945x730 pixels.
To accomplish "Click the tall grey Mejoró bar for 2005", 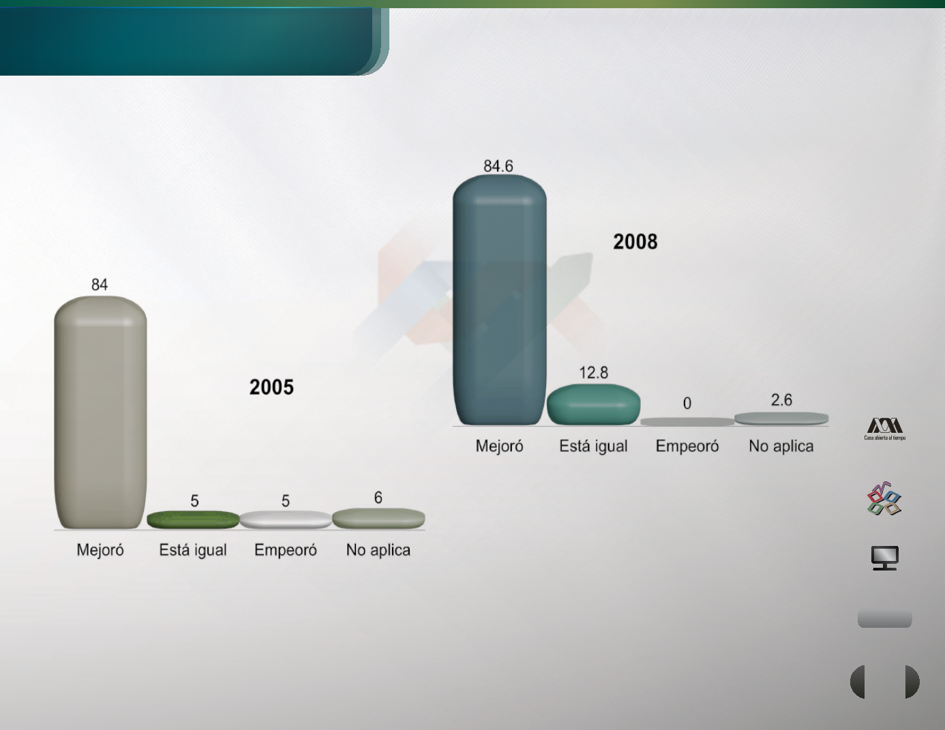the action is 100,412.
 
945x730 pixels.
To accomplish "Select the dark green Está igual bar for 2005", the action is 193,519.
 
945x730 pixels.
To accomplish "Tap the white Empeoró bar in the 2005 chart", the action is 285,519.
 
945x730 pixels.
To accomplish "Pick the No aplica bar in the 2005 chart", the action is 378,518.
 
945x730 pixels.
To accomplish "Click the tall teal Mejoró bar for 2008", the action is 500,299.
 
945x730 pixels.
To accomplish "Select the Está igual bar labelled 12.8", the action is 593,404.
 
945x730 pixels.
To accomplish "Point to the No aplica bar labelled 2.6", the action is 781,419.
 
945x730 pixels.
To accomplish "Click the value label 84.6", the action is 498,166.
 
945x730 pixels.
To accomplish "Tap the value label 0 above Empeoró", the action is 687,404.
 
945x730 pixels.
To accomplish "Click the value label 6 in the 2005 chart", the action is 378,498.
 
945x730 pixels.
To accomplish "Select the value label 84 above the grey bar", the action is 100,285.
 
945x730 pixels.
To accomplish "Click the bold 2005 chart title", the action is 271,387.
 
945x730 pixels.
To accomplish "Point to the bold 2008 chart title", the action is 635,242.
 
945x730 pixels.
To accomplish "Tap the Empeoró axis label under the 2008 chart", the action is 687,446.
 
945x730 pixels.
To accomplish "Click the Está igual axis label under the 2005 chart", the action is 193,551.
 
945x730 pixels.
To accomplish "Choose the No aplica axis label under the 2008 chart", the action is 781,446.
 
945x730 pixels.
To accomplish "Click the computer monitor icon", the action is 885,558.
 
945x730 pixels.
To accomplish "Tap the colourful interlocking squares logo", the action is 884,499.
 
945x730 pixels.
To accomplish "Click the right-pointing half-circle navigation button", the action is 912,682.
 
